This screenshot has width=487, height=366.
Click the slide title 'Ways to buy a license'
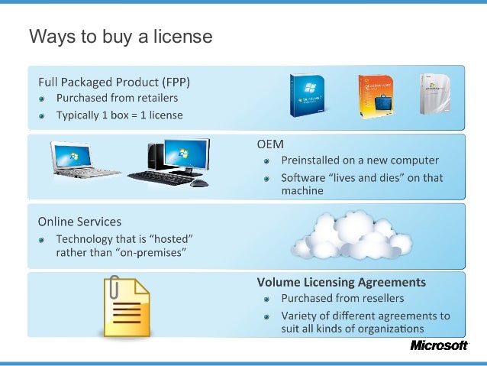(x=120, y=37)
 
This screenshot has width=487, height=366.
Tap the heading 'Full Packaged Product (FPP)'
(x=114, y=82)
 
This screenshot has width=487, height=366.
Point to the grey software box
(x=435, y=95)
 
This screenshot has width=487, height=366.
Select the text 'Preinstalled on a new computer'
(x=360, y=160)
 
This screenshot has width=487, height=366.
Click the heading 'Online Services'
(x=79, y=222)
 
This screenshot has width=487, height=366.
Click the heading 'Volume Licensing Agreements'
(x=341, y=282)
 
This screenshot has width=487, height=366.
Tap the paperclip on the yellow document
(x=114, y=290)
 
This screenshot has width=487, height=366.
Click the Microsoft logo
(x=439, y=345)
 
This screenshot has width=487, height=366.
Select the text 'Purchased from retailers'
(x=117, y=99)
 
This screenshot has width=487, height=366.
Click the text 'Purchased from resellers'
(x=343, y=298)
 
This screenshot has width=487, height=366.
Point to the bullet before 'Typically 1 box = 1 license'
(x=44, y=116)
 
